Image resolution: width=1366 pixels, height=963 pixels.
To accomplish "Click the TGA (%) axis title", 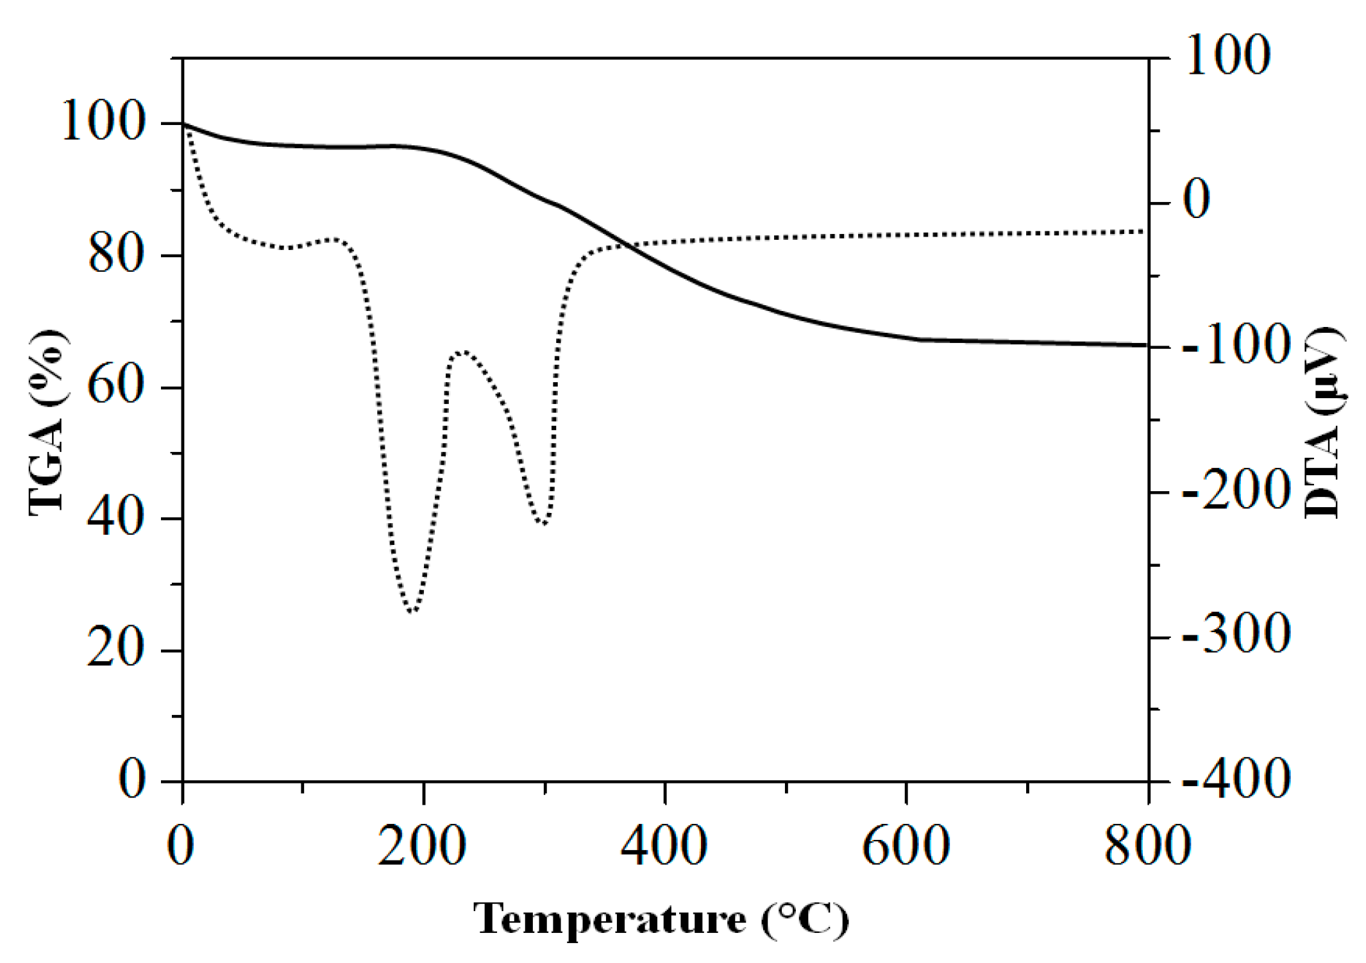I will [46, 423].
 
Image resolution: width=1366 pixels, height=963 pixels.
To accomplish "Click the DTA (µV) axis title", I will [1322, 423].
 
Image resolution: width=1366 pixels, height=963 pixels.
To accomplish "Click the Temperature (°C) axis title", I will [661, 919].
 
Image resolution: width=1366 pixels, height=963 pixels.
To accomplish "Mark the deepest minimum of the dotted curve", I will [412, 612].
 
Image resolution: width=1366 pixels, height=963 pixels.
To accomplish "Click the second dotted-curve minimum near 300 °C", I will [544, 524].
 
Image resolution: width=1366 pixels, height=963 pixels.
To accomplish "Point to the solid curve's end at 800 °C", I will [1147, 345].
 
